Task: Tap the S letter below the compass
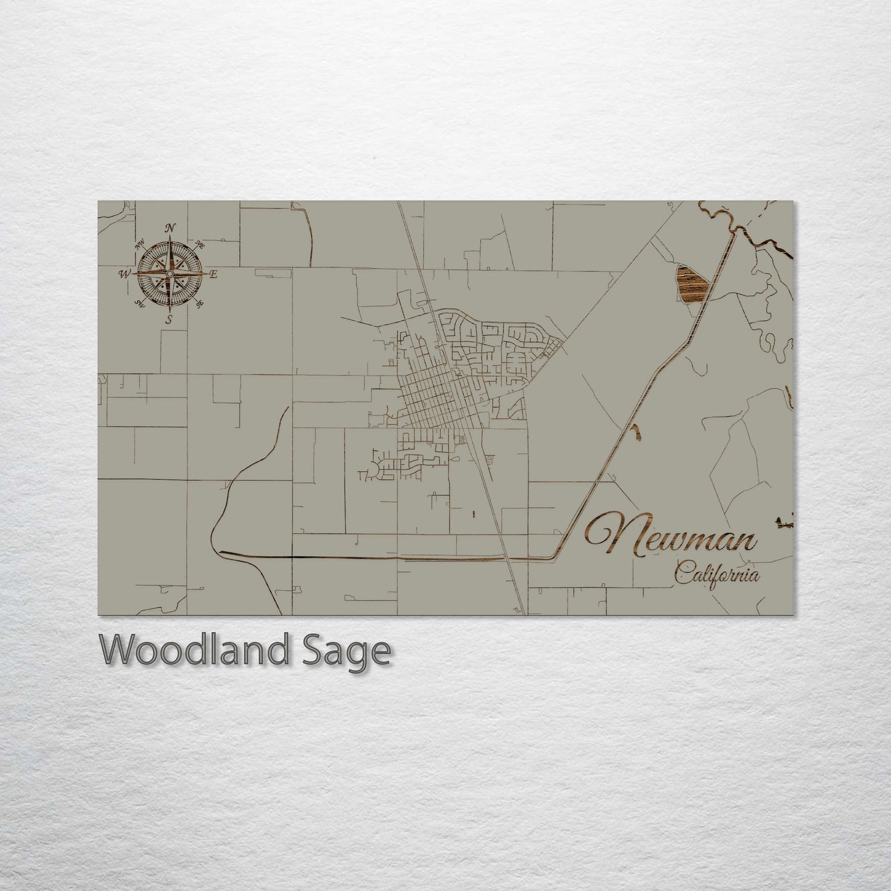pos(169,319)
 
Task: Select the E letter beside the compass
pos(213,274)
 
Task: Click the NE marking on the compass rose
pos(199,244)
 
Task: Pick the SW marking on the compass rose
pos(139,303)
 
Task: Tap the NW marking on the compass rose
pos(140,242)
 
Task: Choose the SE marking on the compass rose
pos(199,303)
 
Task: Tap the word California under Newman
pos(716,575)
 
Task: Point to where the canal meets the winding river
pos(734,231)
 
